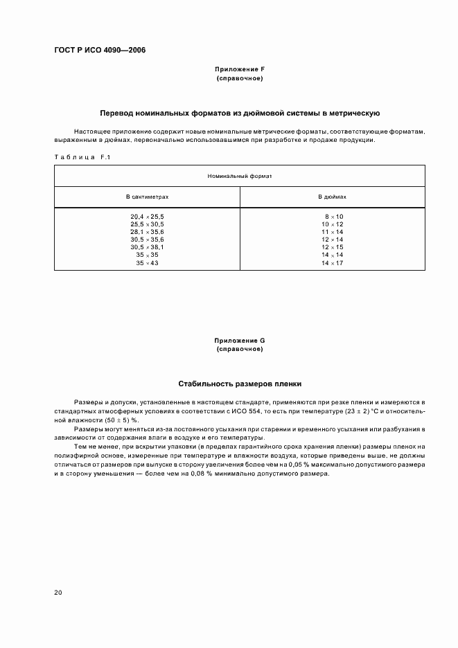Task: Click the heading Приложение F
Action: tap(240, 71)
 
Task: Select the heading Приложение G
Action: tap(240, 341)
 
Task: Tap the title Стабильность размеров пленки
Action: tap(240, 383)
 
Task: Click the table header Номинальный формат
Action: tap(240, 177)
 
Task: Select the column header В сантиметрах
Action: tap(147, 197)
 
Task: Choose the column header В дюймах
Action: tap(332, 197)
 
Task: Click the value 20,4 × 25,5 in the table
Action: tap(147, 217)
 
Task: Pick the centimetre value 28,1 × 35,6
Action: tap(147, 232)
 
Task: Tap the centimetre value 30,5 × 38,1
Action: tap(147, 247)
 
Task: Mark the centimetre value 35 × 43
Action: tap(147, 262)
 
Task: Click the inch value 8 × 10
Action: tap(333, 217)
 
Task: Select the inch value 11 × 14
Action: tap(333, 232)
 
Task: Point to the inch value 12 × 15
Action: tap(333, 247)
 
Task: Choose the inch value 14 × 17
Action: tap(333, 262)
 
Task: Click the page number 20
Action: tap(58, 593)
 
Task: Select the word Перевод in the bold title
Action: tap(117, 112)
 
